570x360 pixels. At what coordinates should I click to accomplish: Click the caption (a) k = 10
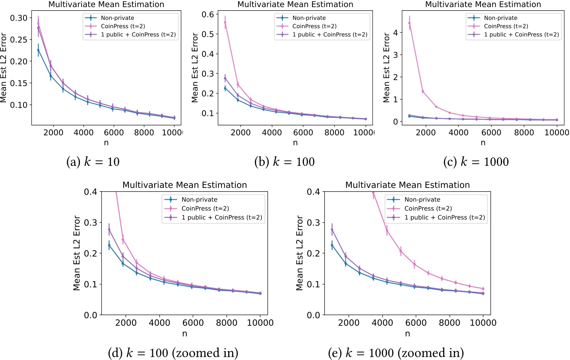click(93, 162)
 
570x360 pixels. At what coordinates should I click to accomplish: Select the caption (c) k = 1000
click(476, 162)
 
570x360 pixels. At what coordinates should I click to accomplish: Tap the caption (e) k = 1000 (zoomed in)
click(396, 353)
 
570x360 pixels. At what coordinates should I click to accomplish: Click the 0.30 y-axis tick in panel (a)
click(19, 18)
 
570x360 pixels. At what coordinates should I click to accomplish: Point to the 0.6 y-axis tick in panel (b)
click(208, 14)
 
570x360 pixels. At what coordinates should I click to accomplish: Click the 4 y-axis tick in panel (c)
click(395, 33)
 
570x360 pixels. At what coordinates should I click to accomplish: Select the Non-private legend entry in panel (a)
click(117, 18)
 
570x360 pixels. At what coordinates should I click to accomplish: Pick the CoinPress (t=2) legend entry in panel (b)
click(314, 26)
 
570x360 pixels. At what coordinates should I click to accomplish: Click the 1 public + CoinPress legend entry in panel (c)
click(521, 35)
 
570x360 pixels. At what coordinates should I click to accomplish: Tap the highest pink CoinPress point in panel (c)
click(409, 23)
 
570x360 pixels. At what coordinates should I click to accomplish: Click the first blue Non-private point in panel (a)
click(38, 50)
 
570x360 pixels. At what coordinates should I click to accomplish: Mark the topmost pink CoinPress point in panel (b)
click(225, 22)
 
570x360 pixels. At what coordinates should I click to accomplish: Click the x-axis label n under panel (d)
click(184, 334)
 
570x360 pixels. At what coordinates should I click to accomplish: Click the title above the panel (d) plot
click(184, 185)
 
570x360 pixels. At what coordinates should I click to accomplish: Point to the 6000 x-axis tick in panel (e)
click(416, 323)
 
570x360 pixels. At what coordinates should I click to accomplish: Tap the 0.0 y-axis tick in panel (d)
click(91, 315)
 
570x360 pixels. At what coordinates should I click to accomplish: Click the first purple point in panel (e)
click(332, 230)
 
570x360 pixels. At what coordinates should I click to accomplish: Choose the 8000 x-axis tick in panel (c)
click(524, 132)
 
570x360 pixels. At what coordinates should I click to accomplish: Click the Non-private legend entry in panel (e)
click(422, 200)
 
